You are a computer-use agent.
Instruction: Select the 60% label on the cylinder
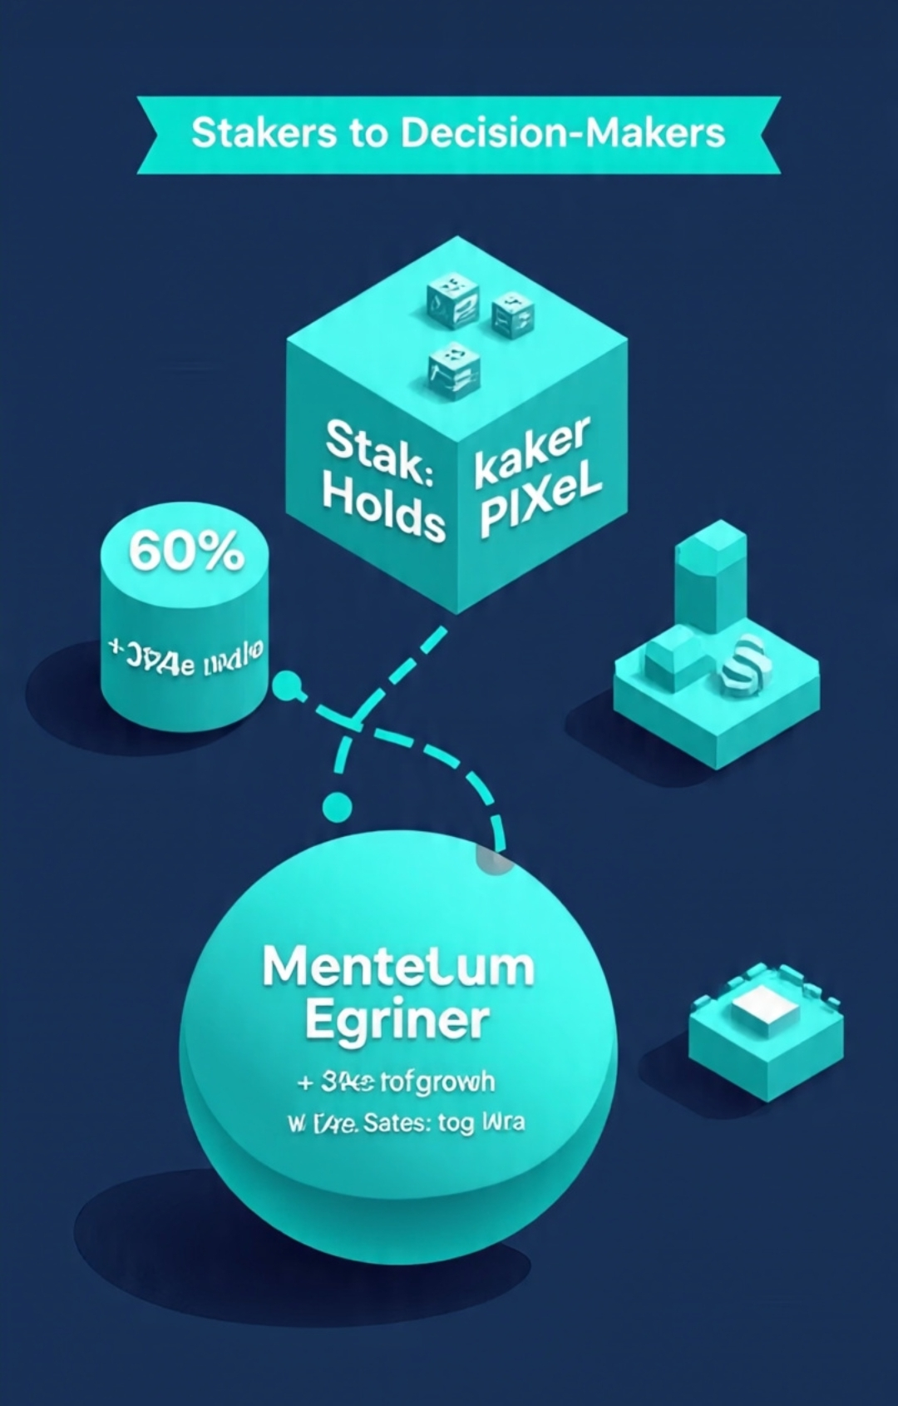point(186,551)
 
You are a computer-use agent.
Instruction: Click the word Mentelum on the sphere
point(398,968)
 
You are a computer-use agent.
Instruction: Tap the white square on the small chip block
point(765,1009)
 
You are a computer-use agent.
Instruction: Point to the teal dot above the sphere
point(337,805)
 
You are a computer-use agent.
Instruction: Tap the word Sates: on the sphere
point(397,1123)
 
